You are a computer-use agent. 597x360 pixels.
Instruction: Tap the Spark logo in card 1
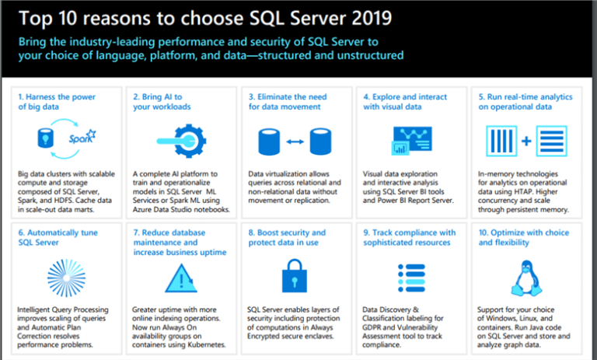pyautogui.click(x=78, y=141)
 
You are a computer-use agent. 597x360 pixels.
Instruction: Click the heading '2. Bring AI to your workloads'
pyautogui.click(x=162, y=101)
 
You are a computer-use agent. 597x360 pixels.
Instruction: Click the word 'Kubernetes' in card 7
pyautogui.click(x=201, y=344)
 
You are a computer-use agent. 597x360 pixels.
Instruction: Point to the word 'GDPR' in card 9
pyautogui.click(x=376, y=327)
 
